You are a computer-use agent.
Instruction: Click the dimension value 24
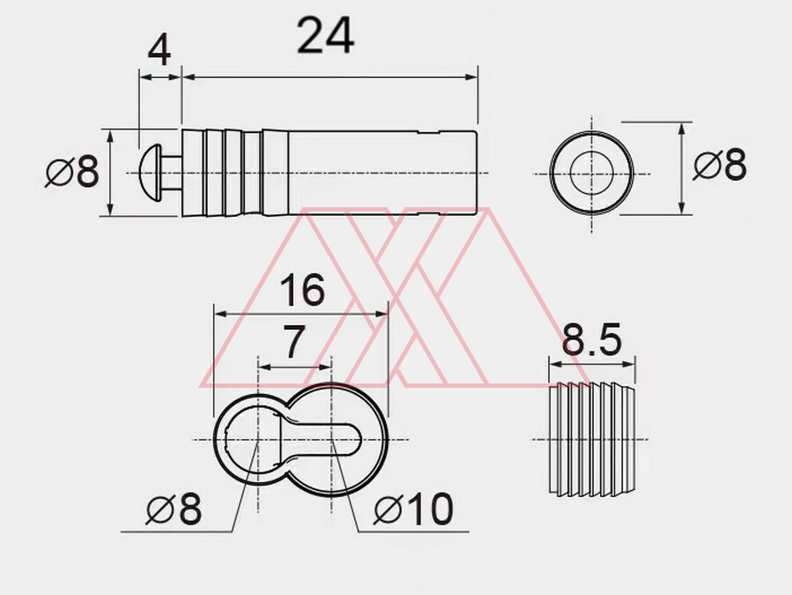325,35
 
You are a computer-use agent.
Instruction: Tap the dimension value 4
159,51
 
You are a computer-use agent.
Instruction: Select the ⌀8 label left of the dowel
71,171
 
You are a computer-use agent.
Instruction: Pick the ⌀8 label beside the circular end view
719,164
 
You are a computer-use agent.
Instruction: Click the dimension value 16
301,291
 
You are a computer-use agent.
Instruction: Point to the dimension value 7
294,342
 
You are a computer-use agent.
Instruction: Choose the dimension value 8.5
591,339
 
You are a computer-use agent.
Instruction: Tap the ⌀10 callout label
413,509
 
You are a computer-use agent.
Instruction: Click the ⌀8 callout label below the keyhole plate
174,509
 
